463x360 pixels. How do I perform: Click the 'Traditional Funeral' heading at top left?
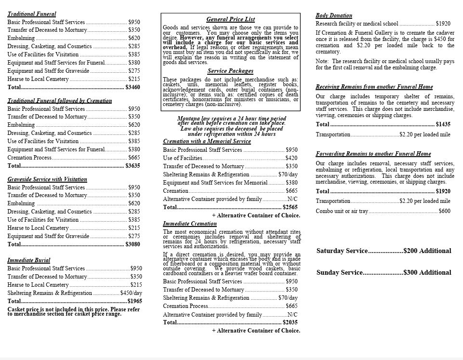point(32,14)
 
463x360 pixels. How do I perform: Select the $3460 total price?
point(132,87)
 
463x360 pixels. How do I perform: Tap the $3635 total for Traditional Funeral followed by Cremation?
point(132,166)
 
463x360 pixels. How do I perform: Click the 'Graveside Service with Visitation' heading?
point(47,179)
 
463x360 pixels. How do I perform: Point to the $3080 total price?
point(132,244)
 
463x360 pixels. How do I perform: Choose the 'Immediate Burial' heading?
point(29,260)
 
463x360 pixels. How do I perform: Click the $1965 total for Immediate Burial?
point(134,301)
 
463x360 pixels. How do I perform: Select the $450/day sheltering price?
point(131,293)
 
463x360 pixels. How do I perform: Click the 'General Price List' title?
point(230,19)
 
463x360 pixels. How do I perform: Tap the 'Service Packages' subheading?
point(230,71)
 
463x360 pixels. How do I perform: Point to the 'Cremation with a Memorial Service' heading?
point(207,141)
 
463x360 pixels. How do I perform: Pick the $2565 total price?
point(290,207)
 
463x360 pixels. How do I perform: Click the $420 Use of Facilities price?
point(291,158)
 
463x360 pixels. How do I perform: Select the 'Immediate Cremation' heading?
point(190,224)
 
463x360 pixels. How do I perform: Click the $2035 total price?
point(290,322)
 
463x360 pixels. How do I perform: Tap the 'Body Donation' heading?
point(334,15)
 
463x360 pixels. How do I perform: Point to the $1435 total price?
point(443,124)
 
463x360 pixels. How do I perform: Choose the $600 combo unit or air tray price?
point(445,211)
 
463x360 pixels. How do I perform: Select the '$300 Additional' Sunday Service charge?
point(427,272)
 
